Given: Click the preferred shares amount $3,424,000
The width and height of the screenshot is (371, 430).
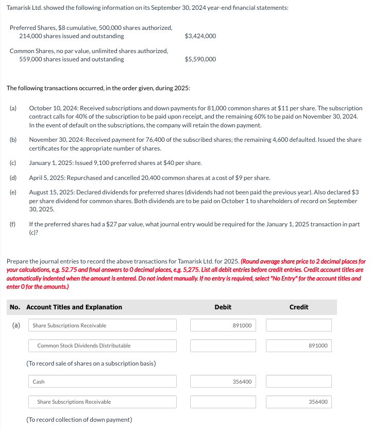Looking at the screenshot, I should point(200,36).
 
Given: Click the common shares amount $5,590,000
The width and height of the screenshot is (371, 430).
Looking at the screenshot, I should point(200,59).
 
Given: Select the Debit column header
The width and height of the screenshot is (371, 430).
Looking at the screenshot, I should point(223,307).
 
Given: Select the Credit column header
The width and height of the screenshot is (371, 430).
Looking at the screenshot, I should point(299,307).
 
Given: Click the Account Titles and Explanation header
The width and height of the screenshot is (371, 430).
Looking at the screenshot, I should point(74,307).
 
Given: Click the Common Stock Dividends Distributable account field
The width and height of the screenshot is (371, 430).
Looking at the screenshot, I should point(103,345).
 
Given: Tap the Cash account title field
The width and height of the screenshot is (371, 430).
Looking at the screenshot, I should point(103,382).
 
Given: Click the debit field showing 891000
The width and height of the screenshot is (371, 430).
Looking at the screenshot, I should point(223,325).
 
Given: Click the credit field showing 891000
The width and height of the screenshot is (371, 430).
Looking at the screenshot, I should point(299,345).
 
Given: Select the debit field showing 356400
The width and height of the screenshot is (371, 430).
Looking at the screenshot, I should point(223,382).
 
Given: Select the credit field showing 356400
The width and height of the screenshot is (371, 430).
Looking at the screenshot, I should point(299,402).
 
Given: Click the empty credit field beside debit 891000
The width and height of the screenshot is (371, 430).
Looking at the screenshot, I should point(299,325).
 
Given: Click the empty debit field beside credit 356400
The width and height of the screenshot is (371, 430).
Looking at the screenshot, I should point(223,402).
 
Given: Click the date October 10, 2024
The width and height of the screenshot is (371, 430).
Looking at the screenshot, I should point(52,109).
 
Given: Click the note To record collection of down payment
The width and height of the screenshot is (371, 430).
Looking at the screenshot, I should point(79,420).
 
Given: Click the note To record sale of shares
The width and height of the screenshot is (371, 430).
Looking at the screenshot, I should point(91,363).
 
